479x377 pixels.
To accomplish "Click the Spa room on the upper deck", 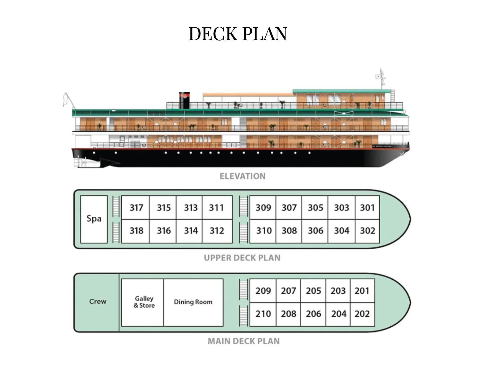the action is click(94, 219).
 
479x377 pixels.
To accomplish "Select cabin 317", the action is click(136, 208).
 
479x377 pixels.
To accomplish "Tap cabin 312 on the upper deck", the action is click(217, 231).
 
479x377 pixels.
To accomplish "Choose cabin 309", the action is click(263, 208).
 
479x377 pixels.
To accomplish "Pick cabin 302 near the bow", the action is click(367, 231).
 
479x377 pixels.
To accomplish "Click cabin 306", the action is click(315, 231).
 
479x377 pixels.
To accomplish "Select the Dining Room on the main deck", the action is click(193, 302).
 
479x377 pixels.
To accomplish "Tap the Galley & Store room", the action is click(144, 302).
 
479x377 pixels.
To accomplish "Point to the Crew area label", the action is click(98, 302).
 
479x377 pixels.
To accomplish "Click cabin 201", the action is click(362, 291).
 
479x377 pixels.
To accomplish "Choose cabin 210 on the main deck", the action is click(263, 314).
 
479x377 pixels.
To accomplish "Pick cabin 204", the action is click(338, 314).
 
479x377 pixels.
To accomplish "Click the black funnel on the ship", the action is click(184, 101).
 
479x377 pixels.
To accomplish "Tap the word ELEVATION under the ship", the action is click(242, 176).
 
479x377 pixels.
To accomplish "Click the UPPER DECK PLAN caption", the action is click(242, 258).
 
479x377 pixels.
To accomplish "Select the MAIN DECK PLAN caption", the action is click(244, 341).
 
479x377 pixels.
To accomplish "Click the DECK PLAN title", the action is click(237, 34).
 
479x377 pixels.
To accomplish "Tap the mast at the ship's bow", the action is click(381, 78).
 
